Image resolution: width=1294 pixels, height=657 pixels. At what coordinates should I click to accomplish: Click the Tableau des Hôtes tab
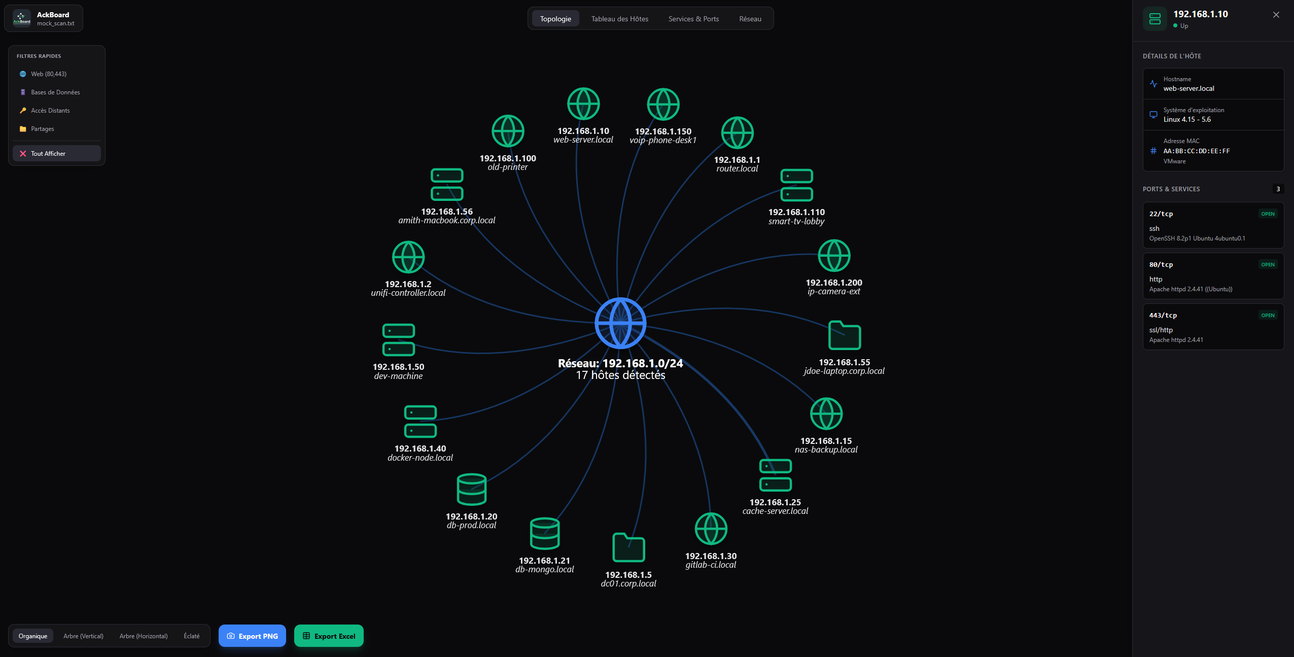coord(619,19)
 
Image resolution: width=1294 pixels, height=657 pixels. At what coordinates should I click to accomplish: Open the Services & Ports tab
coord(693,19)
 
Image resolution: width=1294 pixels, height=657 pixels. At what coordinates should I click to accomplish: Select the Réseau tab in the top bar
coord(750,19)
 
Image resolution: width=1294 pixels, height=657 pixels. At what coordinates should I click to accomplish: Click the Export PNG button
coord(252,636)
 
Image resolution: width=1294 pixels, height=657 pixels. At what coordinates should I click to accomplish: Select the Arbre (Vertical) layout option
coord(83,636)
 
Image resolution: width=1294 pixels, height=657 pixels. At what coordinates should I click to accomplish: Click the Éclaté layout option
coord(192,636)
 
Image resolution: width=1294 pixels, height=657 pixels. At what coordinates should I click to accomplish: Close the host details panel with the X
coord(1276,15)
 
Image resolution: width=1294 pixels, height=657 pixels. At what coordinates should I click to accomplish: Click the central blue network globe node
coord(620,323)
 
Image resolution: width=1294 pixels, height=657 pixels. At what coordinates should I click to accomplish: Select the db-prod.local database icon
coord(472,489)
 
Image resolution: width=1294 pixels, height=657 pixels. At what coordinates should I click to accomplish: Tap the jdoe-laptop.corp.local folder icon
coord(845,335)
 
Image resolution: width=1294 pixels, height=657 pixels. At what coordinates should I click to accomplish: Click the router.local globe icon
coord(738,133)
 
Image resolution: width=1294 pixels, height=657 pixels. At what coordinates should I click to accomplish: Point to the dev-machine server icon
coord(399,339)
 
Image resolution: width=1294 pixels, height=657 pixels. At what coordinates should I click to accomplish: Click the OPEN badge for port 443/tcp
coord(1268,315)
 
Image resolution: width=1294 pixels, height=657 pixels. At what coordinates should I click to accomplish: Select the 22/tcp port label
coord(1161,214)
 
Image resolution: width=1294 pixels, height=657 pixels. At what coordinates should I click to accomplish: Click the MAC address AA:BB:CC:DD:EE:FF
coord(1197,151)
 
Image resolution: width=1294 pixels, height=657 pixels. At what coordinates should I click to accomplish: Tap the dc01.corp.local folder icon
coord(628,547)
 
